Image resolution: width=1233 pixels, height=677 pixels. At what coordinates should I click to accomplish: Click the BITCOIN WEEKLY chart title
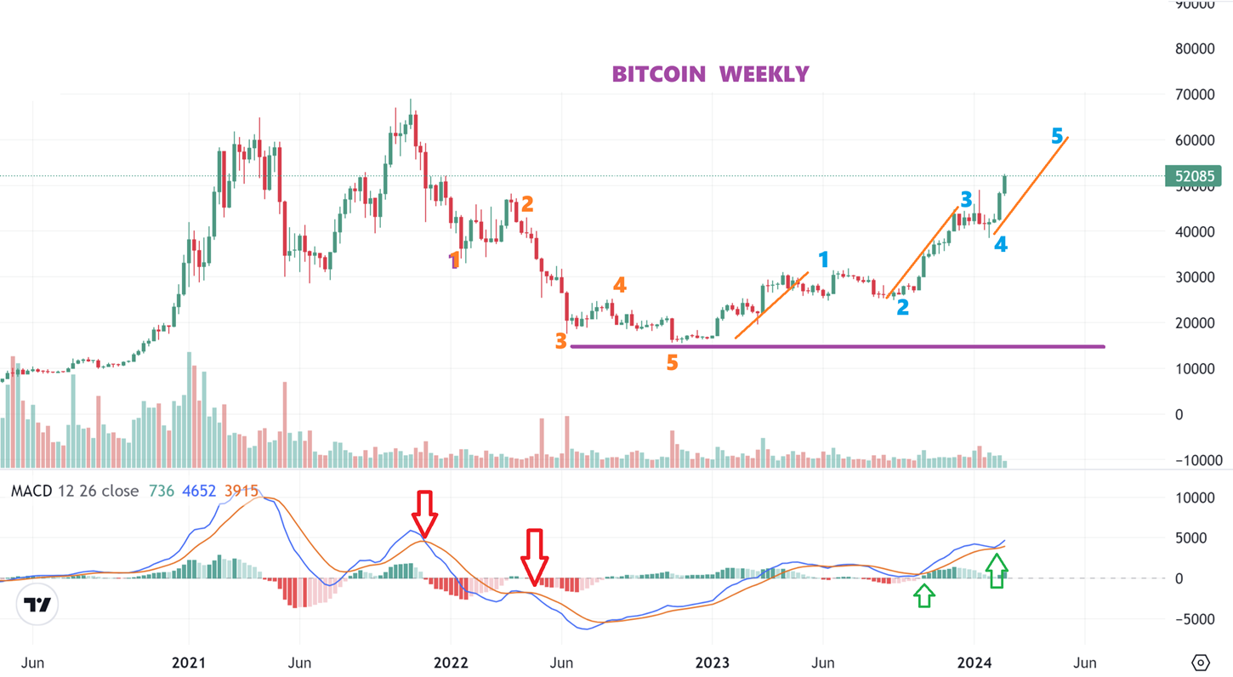point(710,74)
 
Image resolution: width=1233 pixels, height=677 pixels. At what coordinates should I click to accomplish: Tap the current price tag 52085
point(1194,177)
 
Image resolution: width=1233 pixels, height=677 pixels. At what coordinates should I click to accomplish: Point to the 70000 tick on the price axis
point(1194,94)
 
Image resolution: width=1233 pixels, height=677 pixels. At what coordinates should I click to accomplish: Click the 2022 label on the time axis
point(451,663)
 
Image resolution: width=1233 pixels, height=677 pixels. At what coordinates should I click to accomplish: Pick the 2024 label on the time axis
point(974,663)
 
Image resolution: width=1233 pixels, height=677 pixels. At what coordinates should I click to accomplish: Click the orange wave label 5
point(672,363)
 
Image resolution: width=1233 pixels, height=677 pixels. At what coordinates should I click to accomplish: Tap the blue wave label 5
point(1057,136)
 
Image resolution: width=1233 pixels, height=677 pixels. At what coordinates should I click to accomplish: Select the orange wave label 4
point(620,286)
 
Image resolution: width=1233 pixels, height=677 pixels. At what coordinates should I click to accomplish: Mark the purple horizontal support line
point(838,346)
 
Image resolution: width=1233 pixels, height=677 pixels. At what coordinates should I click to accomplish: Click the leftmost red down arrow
point(424,513)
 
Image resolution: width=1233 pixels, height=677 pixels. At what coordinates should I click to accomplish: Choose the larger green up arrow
point(997,570)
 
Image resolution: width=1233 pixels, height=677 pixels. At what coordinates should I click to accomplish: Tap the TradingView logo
point(37,605)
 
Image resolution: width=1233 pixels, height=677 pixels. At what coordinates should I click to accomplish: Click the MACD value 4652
point(199,491)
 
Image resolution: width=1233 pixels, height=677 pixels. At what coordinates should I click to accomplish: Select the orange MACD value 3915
point(241,491)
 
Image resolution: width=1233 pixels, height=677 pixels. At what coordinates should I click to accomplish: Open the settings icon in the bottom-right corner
point(1201,663)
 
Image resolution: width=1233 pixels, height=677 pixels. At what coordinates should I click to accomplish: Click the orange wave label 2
point(527,204)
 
